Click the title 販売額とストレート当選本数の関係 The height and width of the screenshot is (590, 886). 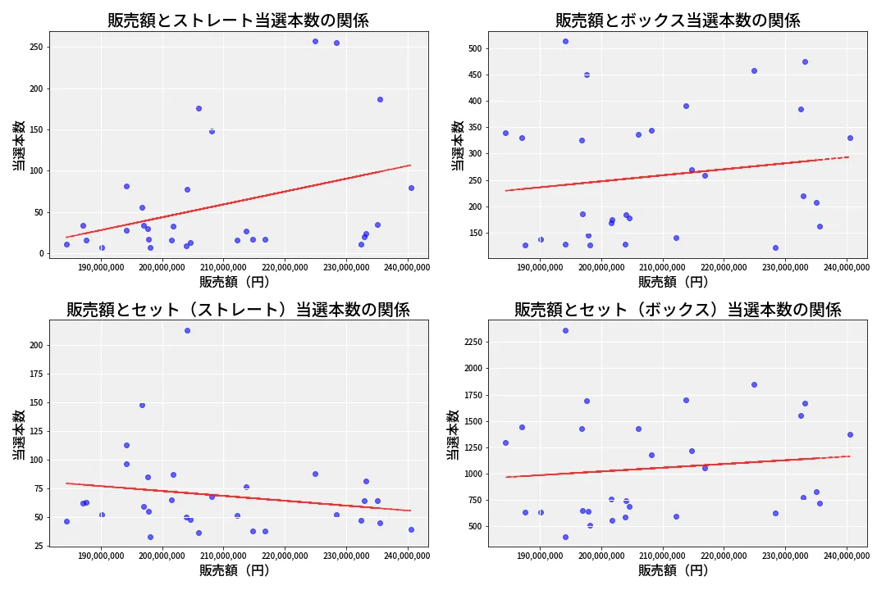238,20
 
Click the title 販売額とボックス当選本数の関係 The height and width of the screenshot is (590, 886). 677,20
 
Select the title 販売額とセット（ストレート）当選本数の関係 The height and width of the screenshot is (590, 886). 238,310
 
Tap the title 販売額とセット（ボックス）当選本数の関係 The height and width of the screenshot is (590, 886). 677,310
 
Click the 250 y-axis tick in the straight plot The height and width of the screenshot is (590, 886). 35,48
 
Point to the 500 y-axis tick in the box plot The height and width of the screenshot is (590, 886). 474,48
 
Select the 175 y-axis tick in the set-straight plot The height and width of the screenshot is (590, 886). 35,374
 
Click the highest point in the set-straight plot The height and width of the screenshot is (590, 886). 187,330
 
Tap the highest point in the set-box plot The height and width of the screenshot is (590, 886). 565,330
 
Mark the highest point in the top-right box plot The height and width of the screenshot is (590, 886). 565,41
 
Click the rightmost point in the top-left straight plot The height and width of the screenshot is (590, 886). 411,188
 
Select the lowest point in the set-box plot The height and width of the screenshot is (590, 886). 565,537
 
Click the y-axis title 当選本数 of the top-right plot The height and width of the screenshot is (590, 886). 458,145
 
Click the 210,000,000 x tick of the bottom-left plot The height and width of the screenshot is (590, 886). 224,556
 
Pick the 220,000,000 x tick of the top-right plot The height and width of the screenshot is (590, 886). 724,266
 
